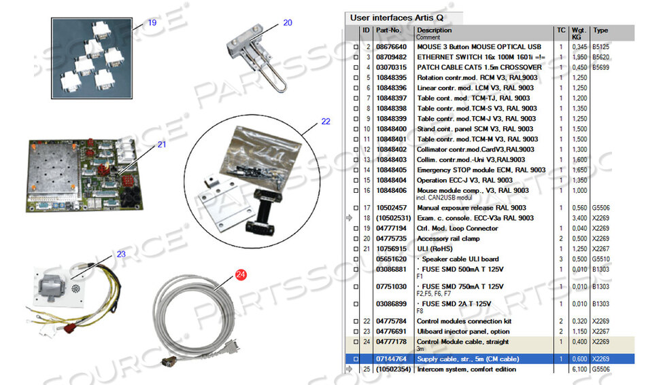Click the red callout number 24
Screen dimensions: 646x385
[241, 274]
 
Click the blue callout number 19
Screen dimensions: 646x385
[152, 22]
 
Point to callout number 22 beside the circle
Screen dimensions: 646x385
[326, 122]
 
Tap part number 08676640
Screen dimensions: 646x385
[391, 47]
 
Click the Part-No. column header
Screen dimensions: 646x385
[388, 30]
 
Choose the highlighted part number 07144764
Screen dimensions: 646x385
[391, 359]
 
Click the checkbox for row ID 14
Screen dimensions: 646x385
[356, 170]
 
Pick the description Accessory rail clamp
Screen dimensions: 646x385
[448, 238]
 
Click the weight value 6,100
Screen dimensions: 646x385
[579, 369]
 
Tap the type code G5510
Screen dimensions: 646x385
[601, 259]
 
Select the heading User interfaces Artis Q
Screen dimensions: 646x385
[396, 18]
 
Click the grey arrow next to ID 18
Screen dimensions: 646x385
[350, 218]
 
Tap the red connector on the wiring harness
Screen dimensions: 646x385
[67, 328]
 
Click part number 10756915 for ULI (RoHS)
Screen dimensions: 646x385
[391, 249]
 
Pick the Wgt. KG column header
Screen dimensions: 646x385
[579, 33]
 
